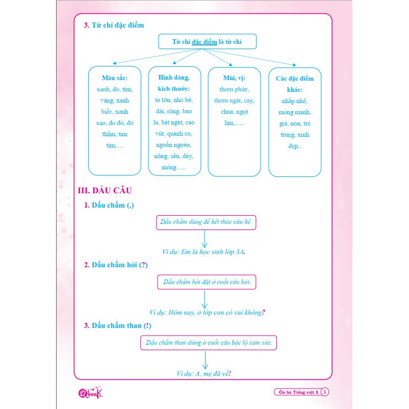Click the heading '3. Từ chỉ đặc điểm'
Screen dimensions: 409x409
[x=114, y=25]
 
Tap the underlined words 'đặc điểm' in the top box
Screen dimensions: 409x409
[x=204, y=42]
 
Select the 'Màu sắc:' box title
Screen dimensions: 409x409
[x=115, y=78]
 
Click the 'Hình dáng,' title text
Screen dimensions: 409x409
[x=174, y=78]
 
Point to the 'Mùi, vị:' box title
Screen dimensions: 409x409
[x=234, y=78]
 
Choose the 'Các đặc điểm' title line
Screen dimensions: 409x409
[x=295, y=79]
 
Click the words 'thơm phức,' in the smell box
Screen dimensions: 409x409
[x=234, y=89]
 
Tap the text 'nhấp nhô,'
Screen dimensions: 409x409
[x=294, y=101]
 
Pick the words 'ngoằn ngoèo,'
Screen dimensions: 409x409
[x=173, y=145]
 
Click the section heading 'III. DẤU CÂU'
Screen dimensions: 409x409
[x=105, y=190]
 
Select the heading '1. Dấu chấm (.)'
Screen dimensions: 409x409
[x=109, y=206]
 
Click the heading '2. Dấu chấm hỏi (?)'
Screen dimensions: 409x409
[x=116, y=265]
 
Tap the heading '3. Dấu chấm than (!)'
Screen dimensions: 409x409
[x=117, y=325]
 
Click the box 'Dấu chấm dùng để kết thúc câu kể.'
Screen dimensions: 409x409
[x=206, y=222]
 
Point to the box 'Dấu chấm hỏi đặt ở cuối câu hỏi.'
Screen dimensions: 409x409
[x=207, y=282]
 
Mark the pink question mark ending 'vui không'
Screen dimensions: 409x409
[x=264, y=312]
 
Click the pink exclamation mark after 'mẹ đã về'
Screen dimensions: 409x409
[x=230, y=373]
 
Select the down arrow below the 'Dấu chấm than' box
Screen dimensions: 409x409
[x=206, y=360]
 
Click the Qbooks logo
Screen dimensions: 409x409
[x=90, y=392]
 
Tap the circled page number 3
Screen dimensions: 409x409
[x=324, y=392]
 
